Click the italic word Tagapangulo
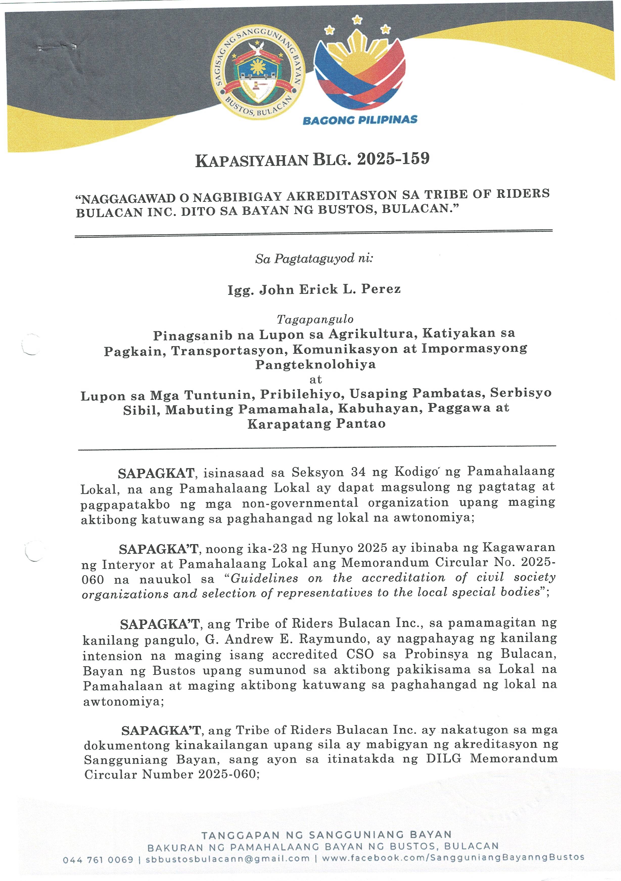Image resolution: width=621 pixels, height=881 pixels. pyautogui.click(x=315, y=319)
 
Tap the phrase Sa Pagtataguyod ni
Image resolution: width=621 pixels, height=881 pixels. pyautogui.click(x=314, y=259)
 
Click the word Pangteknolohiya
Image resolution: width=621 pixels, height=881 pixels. pyautogui.click(x=315, y=364)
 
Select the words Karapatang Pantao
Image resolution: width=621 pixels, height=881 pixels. pyautogui.click(x=316, y=424)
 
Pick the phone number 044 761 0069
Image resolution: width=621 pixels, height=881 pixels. pyautogui.click(x=98, y=860)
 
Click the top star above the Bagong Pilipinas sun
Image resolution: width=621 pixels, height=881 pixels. pyautogui.click(x=357, y=19)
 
